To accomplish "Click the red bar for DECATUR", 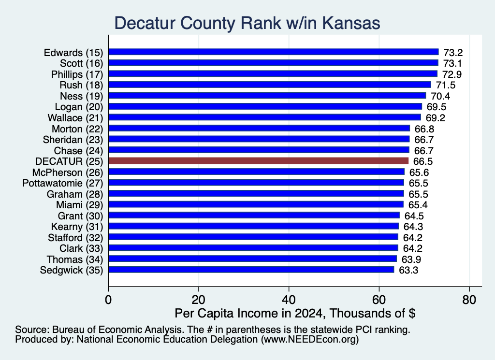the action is (258, 161).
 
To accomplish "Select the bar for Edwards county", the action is (274, 52).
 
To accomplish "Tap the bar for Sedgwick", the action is (251, 270).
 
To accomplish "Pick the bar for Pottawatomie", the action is (256, 183).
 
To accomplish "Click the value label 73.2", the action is (453, 53).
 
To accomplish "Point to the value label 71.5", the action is (446, 85).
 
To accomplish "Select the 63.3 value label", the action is (408, 271).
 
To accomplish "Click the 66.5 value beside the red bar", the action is (423, 161).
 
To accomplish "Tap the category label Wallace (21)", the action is (75, 118).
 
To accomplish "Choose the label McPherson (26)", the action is (68, 173).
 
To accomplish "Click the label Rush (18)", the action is (81, 85).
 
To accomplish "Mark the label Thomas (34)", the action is (75, 259).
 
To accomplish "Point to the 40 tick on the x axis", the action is (289, 300).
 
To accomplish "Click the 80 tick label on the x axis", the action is (469, 300).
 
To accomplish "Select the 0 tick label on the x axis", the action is (108, 300).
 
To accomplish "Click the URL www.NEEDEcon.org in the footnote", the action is (310, 340).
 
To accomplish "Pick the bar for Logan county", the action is (265, 106).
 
